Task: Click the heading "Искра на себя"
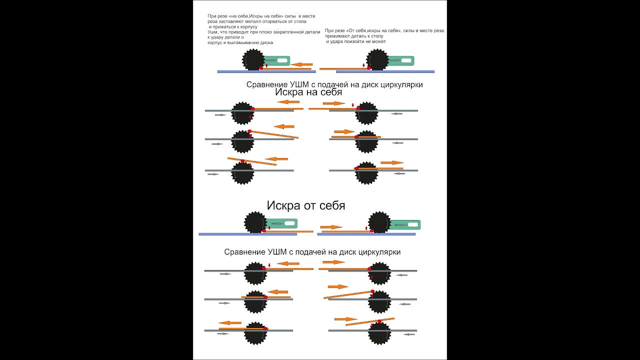tap(308, 92)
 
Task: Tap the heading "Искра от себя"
tap(305, 205)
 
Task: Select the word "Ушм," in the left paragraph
tap(213, 32)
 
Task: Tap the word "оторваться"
tap(275, 21)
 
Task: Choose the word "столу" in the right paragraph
tap(376, 36)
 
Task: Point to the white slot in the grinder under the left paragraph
tap(282, 60)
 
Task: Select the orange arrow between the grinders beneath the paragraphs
tap(302, 64)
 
